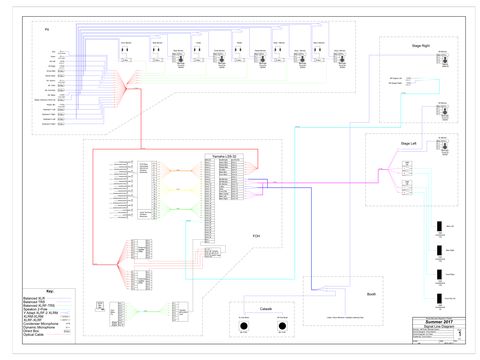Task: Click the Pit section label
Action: [46, 29]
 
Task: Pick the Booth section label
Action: [370, 295]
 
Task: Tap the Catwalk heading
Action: [266, 309]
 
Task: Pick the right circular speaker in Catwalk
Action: [283, 327]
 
